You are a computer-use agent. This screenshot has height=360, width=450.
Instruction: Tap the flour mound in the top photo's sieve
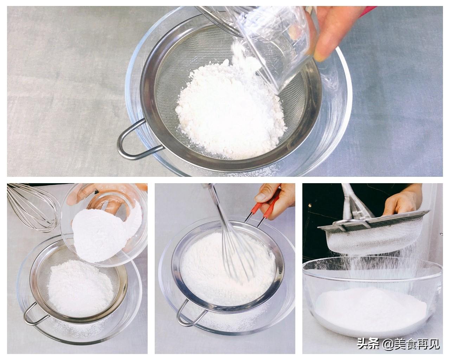(x=230, y=109)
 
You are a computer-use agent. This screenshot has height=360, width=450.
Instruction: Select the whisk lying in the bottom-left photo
(x=31, y=207)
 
